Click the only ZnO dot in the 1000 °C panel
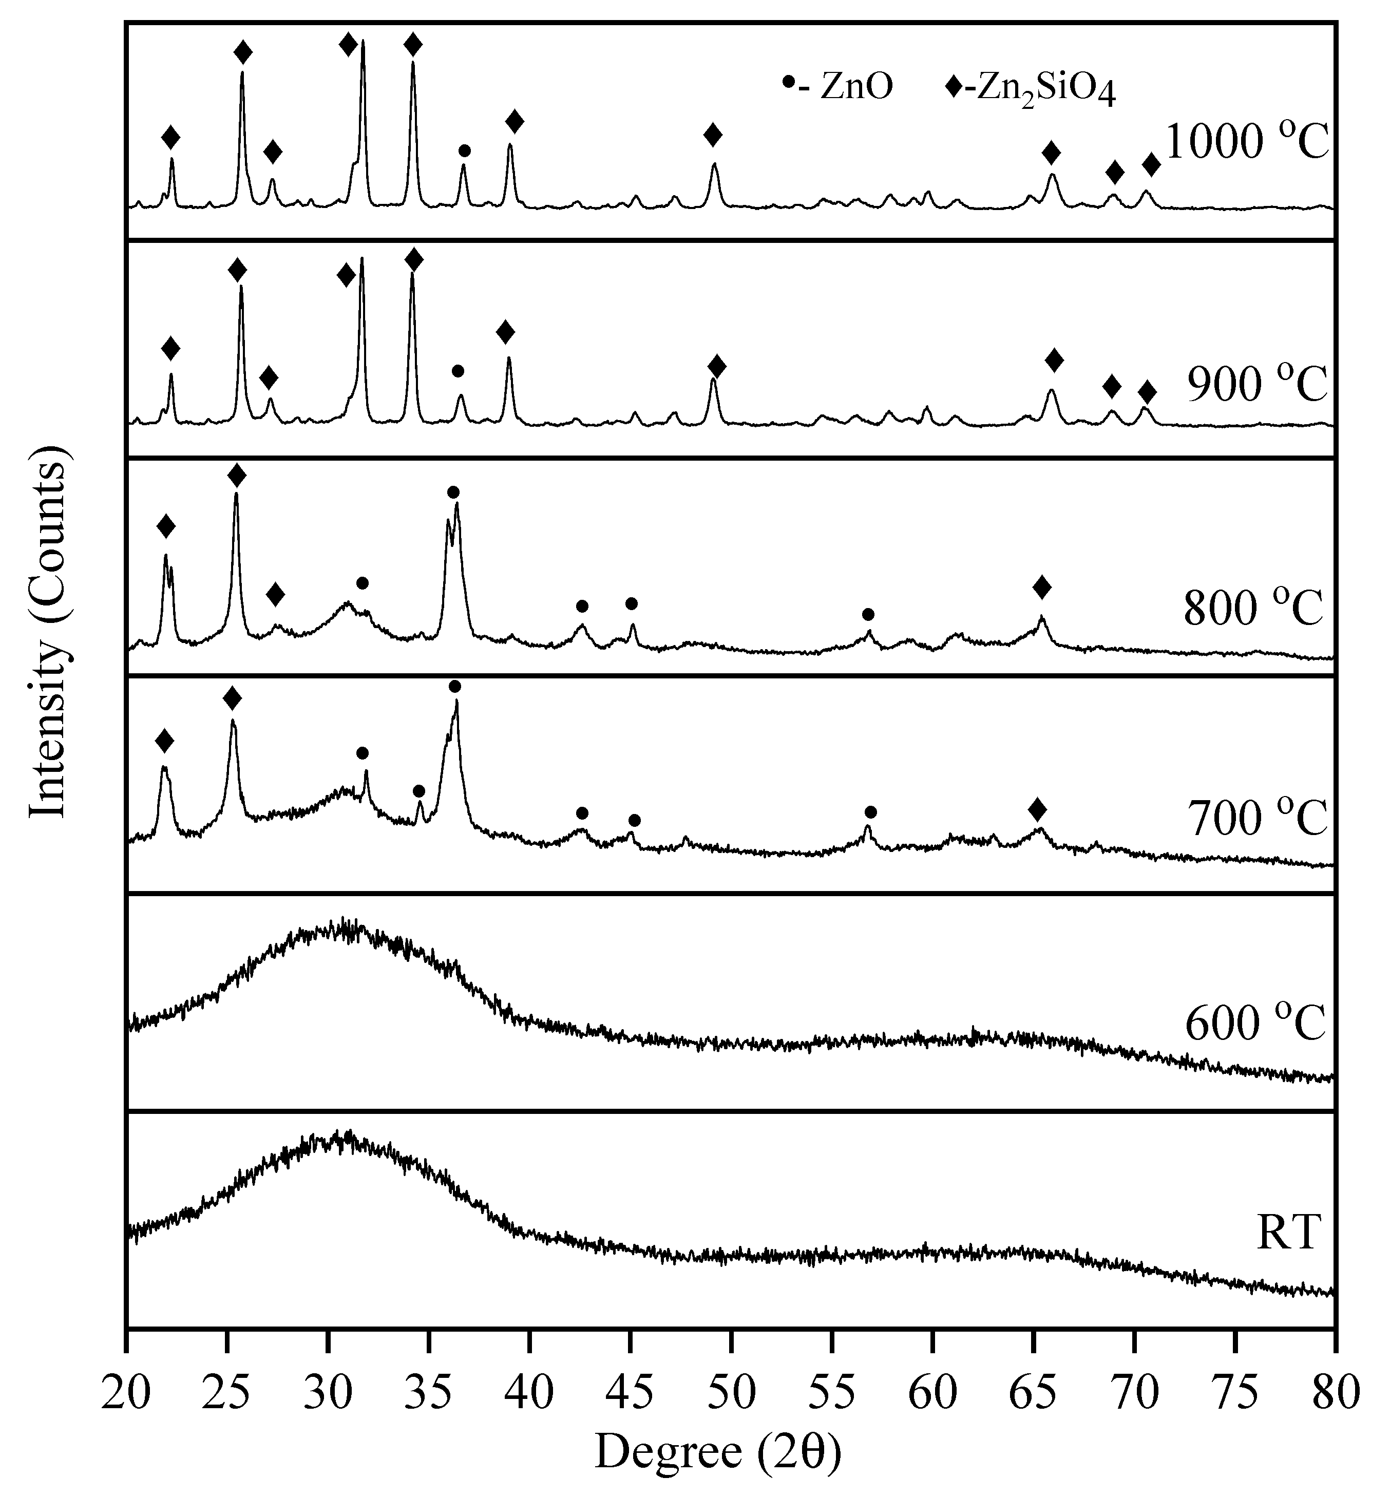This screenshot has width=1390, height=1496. coord(464,151)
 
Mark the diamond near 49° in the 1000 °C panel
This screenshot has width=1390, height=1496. coord(713,136)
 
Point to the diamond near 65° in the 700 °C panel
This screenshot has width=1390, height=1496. coord(1037,810)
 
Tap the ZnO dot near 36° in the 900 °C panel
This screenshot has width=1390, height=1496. coord(458,371)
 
